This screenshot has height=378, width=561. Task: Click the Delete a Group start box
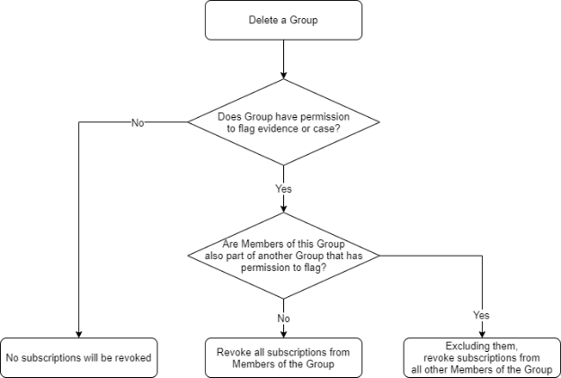coord(283,20)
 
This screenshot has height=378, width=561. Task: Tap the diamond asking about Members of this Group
coord(283,256)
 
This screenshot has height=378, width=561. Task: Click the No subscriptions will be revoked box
coord(80,351)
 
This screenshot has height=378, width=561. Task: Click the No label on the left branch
coord(138,123)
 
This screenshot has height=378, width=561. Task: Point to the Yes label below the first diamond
coord(283,189)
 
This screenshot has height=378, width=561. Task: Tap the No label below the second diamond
coord(283,318)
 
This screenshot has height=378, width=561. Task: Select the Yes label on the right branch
coord(482,316)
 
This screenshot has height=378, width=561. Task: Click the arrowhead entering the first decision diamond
coord(283,76)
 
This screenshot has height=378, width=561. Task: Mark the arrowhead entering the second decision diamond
coord(283,209)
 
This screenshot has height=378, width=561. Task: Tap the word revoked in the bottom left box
coord(136,351)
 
